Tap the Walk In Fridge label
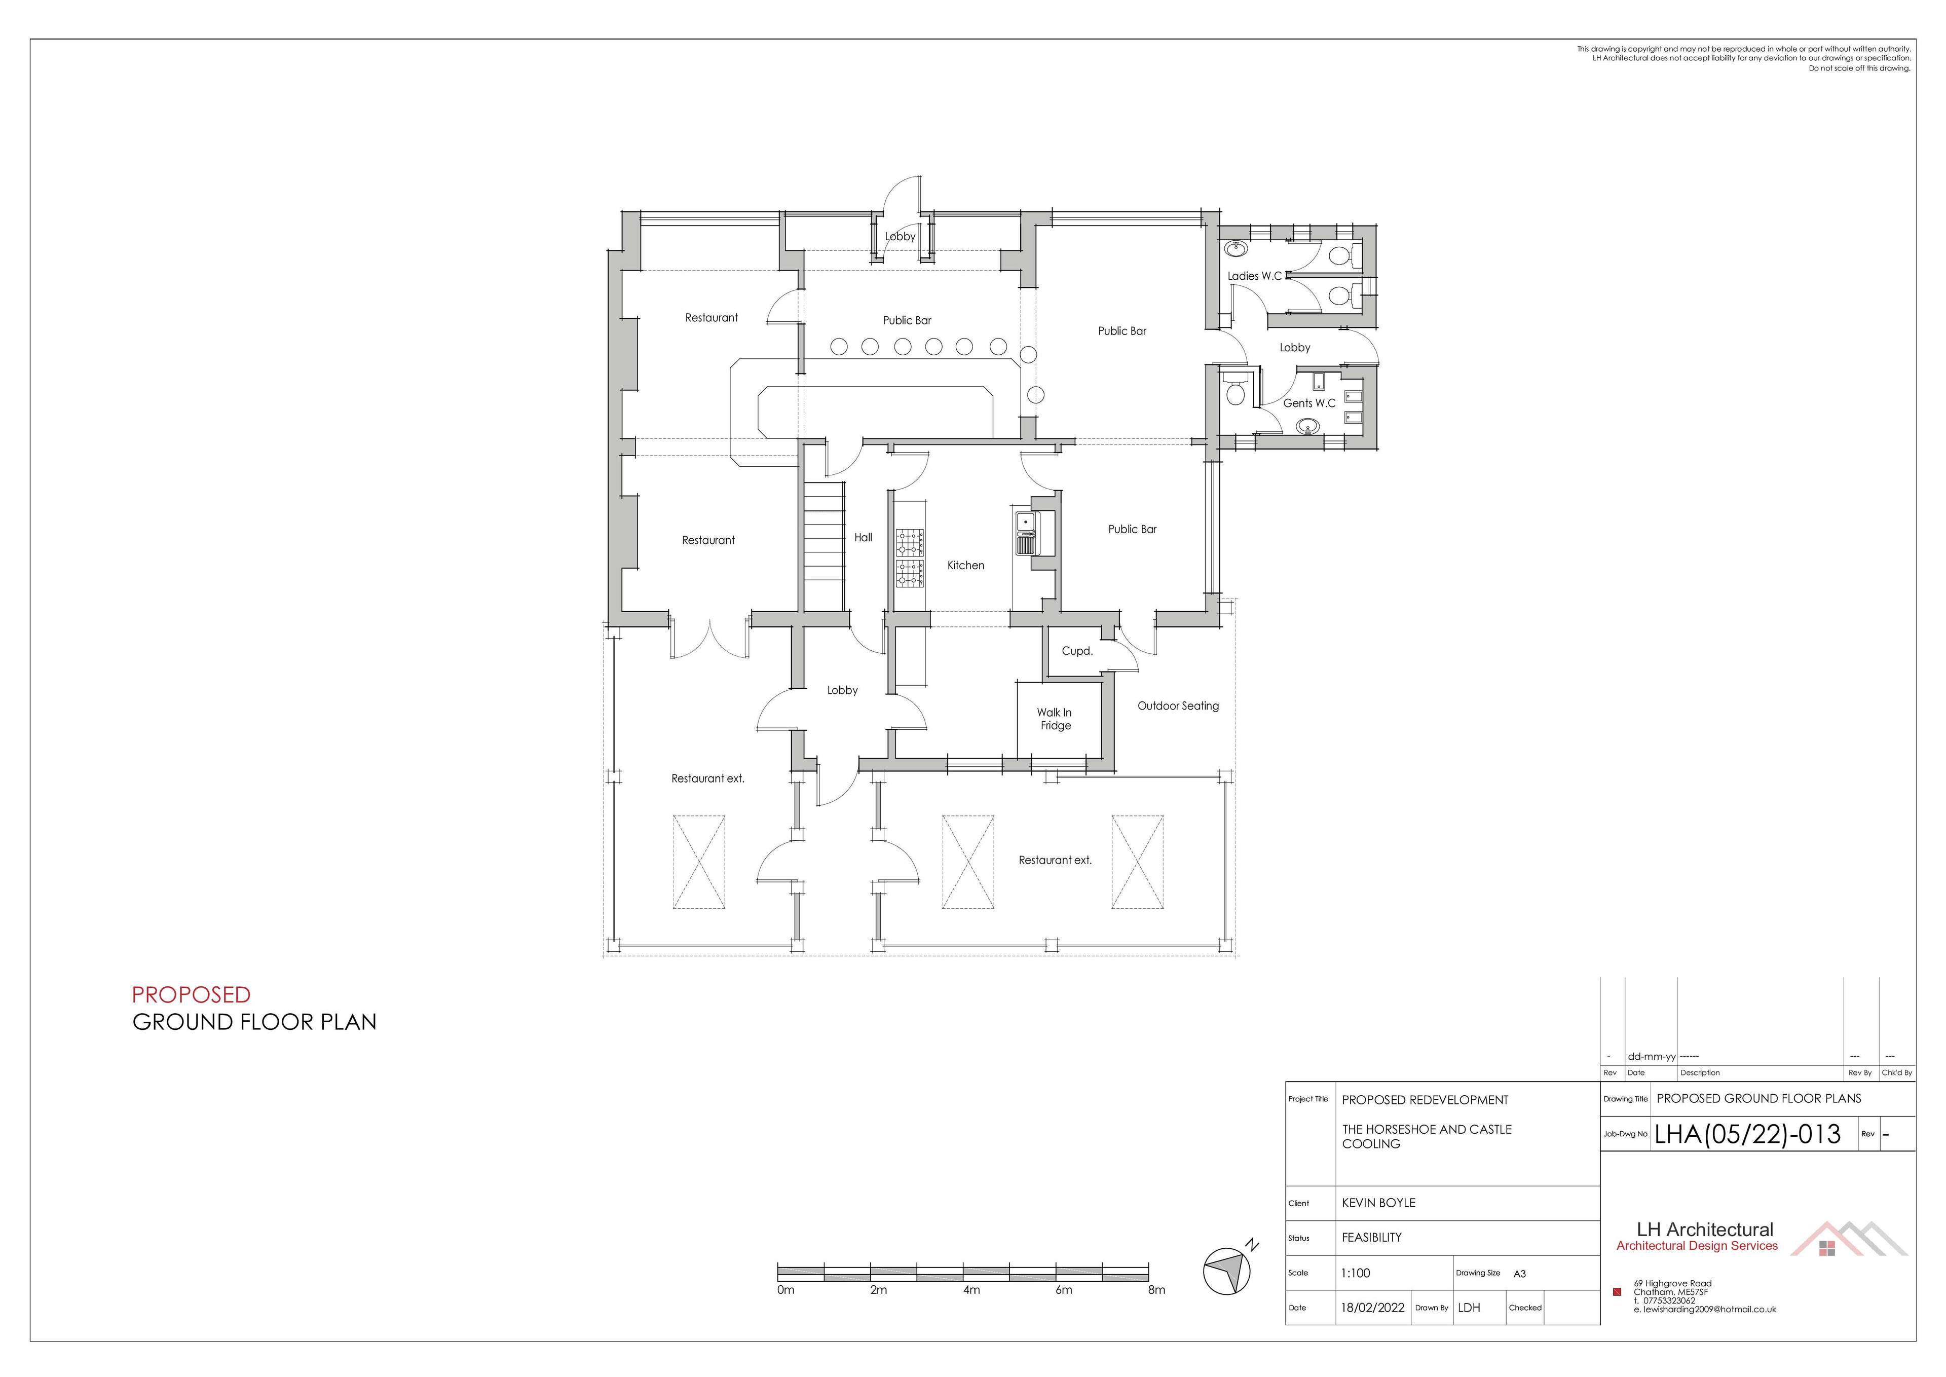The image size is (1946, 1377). [1055, 719]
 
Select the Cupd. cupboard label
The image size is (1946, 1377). [1077, 651]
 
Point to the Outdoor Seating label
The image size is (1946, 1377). [1178, 705]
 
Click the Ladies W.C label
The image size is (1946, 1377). [1254, 276]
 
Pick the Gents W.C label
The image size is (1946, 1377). [1308, 403]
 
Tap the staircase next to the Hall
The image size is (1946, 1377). [824, 546]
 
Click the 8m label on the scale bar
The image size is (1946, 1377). [1156, 1290]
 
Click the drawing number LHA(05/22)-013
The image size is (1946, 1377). [1747, 1135]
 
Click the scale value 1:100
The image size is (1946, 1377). [1356, 1273]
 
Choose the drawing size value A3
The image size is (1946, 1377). [1519, 1274]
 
